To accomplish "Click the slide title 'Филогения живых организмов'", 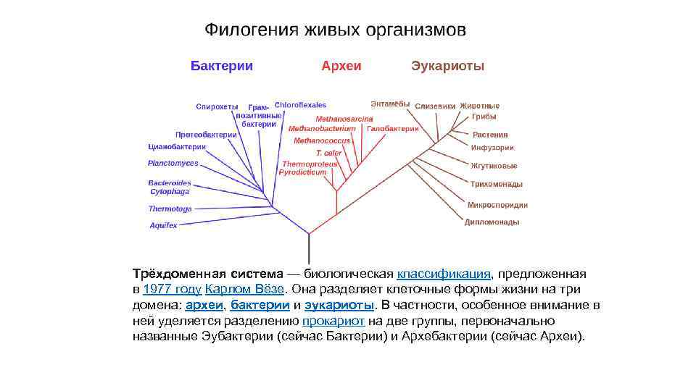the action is click(335, 30).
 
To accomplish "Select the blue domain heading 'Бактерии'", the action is click(222, 66).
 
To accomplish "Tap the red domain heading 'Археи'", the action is click(341, 66).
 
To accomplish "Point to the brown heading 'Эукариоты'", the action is click(447, 66).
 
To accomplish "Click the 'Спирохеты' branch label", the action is click(217, 106).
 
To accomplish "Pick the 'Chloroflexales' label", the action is click(300, 105).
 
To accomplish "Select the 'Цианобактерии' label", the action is click(177, 147).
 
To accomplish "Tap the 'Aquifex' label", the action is click(163, 225).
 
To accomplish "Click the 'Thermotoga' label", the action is click(170, 209).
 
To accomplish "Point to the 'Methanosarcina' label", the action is click(344, 119).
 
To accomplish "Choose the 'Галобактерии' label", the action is click(393, 128).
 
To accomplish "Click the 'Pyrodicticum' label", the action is click(303, 173).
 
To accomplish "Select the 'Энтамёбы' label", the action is click(390, 104).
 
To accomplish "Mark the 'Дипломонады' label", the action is click(492, 222).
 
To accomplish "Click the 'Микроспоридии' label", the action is click(497, 205).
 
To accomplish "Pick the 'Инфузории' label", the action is click(492, 148).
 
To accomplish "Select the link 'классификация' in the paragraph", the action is click(444, 274).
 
